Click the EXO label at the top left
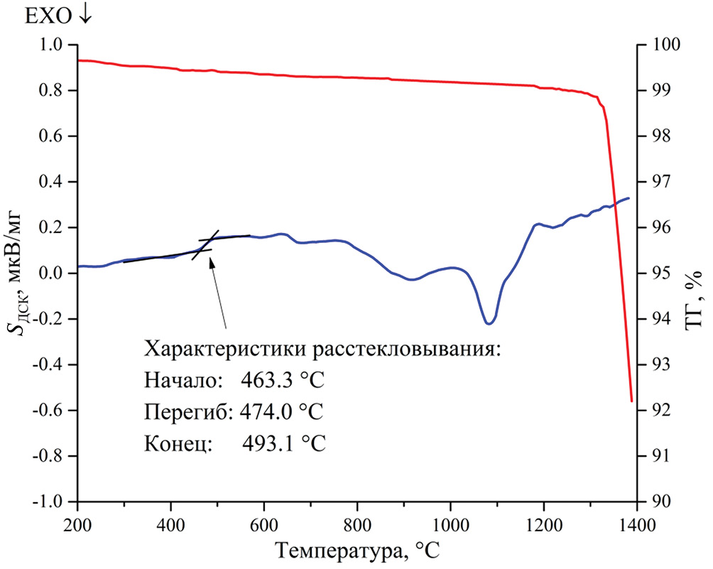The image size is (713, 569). pos(50,16)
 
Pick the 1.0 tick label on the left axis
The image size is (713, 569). pos(55,45)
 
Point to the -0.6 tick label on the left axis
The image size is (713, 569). pos(52,410)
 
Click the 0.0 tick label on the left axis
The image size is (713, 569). pos(55,273)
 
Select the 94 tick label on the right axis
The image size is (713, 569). pos(653,319)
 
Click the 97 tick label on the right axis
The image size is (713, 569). pos(653,182)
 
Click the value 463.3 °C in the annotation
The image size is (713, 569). pos(283,380)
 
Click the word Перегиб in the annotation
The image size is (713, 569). pos(175,412)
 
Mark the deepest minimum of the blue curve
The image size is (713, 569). pos(489,324)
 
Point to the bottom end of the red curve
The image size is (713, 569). pos(631,401)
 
